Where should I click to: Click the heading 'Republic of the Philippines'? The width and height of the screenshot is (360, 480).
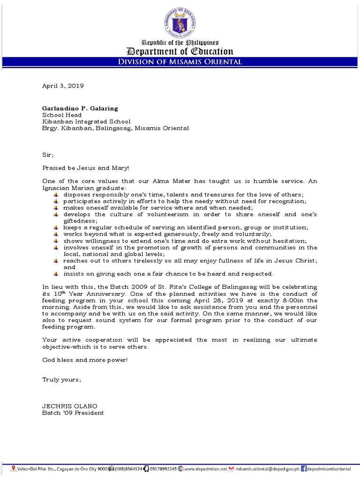tap(180, 43)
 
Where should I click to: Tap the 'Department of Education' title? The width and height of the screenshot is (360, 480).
tap(180, 52)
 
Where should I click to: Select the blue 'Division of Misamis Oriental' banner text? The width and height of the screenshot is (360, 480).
tap(180, 62)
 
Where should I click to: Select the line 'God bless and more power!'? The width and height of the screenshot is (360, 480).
tap(85, 360)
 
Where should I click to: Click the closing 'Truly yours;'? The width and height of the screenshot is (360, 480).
tap(61, 380)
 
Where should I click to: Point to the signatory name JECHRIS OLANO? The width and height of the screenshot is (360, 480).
tap(70, 406)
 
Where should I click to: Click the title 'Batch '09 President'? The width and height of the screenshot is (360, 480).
tap(73, 413)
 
